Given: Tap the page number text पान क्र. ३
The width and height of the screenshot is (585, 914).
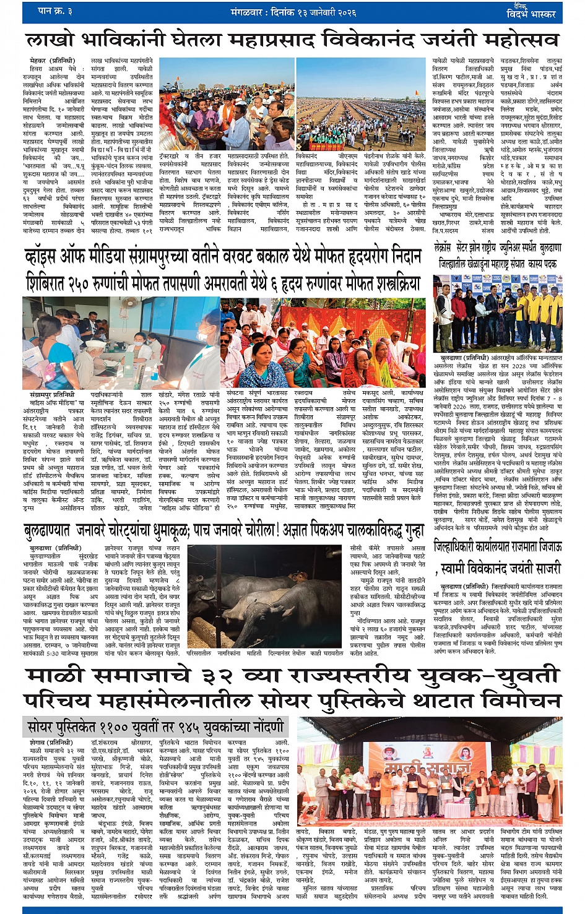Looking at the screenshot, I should click(56, 11).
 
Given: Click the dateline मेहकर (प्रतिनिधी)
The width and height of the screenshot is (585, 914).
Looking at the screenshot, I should click(52, 61).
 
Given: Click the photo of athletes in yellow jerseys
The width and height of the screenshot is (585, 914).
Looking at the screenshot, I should click(497, 313).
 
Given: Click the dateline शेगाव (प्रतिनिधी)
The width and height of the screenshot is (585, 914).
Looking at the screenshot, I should click(51, 742).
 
